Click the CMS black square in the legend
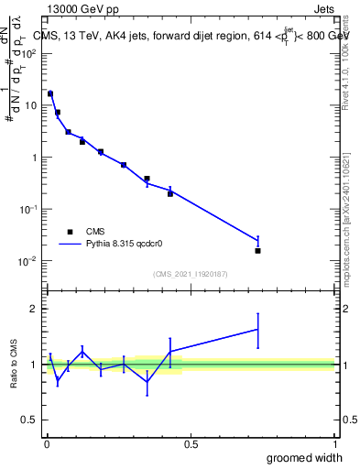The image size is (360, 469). click(x=70, y=232)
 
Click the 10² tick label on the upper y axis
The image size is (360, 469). click(x=29, y=53)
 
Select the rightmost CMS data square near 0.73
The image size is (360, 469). click(x=257, y=250)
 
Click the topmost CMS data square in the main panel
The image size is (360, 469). click(x=50, y=93)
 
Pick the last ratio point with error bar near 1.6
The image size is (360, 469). click(x=257, y=329)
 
